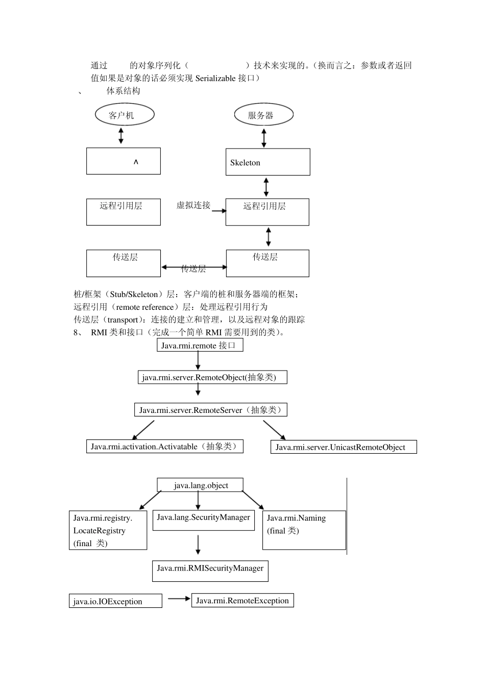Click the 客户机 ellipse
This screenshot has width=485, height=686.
point(125,115)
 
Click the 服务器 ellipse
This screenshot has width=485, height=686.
point(263,115)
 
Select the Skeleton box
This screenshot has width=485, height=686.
point(268,162)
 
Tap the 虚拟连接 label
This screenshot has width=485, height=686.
point(193,205)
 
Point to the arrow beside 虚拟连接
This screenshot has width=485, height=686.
point(219,210)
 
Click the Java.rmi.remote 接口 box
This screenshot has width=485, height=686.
point(200,346)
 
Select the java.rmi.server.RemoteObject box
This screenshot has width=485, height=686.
point(212,377)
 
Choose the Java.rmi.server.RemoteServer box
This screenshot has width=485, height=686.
point(210,410)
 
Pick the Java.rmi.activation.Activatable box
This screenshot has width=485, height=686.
point(164,447)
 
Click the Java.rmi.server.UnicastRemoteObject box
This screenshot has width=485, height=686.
point(343,447)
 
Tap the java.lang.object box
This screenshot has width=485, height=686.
point(200,485)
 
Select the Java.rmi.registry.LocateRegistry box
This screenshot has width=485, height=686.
point(108,530)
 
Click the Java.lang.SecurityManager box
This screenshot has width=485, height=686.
point(203,520)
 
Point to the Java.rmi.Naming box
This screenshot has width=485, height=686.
point(304,530)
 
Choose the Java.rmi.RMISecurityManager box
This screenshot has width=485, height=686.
point(210,571)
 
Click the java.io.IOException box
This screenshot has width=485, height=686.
point(115,601)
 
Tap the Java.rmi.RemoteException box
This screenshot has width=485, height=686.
point(243,601)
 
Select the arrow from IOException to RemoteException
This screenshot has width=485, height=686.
point(179,599)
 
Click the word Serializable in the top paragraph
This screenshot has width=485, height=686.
point(215,78)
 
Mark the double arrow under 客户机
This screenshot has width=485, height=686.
point(121,135)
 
